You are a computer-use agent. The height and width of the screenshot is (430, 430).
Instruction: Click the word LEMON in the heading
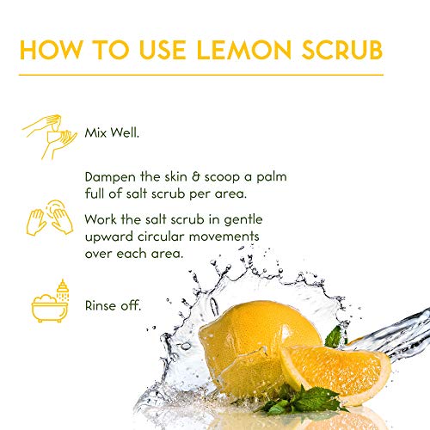coord(244,50)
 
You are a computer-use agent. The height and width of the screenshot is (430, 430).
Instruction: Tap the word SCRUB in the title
coord(342,50)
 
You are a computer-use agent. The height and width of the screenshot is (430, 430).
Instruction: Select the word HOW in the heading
coord(52,50)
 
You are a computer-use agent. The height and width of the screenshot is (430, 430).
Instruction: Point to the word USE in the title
coord(163,50)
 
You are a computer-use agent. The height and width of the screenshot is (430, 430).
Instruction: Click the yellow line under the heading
coord(201,75)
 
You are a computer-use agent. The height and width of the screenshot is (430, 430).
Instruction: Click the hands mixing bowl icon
coord(50,137)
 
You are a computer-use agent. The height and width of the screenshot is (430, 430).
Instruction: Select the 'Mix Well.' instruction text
coord(112,132)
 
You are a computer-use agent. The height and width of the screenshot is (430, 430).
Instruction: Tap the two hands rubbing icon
coord(50,218)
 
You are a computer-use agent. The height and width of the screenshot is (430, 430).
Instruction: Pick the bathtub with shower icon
coord(50,301)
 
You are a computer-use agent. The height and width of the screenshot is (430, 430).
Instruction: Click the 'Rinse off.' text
coord(113,305)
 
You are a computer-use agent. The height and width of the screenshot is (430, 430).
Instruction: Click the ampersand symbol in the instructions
coord(196,177)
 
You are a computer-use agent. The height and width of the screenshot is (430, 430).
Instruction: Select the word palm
coord(272,178)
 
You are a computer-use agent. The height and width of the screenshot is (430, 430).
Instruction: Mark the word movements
coord(224,237)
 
